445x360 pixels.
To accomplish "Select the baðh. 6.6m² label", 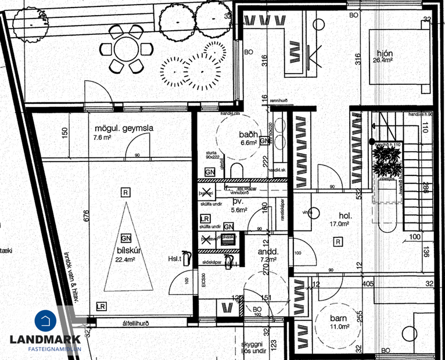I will [248, 138].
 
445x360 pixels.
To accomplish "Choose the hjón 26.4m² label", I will [385, 55].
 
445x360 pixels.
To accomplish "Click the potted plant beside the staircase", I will [386, 160].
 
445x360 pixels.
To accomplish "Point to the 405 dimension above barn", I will [367, 284].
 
